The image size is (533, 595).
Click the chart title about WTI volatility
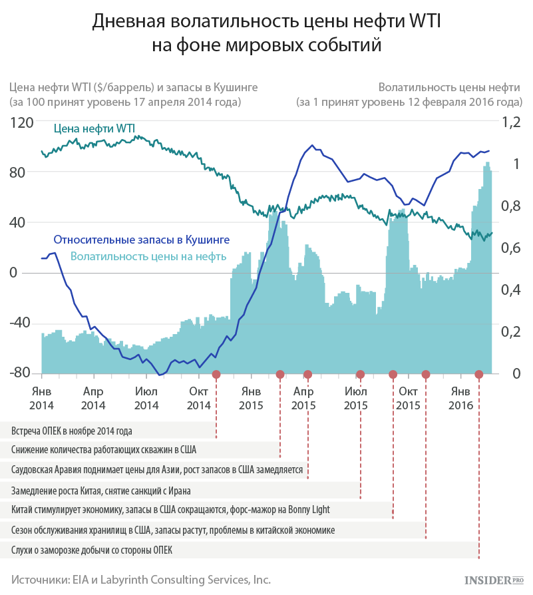click(266, 33)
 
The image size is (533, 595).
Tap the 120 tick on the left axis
click(21, 122)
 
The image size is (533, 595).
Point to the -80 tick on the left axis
click(20, 373)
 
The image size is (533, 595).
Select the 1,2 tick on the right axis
click(511, 122)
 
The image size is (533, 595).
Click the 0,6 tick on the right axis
click(511, 248)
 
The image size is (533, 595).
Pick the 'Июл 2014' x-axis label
click(146, 399)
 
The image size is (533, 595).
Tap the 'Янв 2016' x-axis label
click(461, 399)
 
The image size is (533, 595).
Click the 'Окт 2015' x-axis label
click(408, 399)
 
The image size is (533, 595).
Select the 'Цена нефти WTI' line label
click(94, 128)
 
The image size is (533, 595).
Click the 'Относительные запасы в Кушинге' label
click(142, 240)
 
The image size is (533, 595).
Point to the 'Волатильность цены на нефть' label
click(148, 256)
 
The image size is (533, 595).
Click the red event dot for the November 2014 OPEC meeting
click(216, 375)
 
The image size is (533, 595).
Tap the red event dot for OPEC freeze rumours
click(478, 375)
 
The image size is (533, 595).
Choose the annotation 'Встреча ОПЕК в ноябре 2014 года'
click(72, 431)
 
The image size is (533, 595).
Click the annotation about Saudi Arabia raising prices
click(157, 470)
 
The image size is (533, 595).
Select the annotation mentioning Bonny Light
click(170, 510)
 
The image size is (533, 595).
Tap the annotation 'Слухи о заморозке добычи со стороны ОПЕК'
click(92, 550)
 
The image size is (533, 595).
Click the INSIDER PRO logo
click(494, 580)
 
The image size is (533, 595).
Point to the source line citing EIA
click(141, 580)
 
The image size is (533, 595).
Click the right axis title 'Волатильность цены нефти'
click(449, 88)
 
